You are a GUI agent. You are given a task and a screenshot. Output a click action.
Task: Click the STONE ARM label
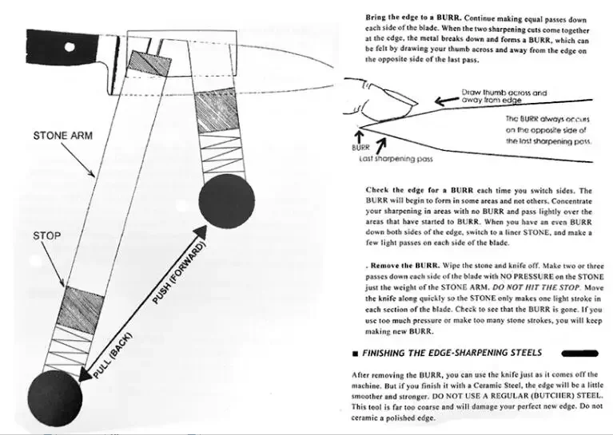pyautogui.click(x=62, y=135)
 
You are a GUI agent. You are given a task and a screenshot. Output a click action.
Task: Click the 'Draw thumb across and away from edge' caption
pyautogui.click(x=504, y=97)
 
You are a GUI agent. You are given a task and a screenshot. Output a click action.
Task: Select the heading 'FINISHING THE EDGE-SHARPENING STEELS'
pyautogui.click(x=452, y=352)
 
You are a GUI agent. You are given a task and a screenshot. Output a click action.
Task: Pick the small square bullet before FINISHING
pyautogui.click(x=354, y=353)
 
